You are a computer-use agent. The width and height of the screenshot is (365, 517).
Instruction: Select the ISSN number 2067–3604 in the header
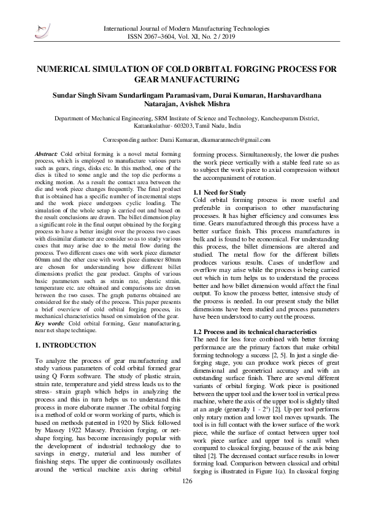(x=169, y=36)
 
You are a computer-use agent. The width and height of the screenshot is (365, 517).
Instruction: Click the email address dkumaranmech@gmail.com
(x=236, y=140)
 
